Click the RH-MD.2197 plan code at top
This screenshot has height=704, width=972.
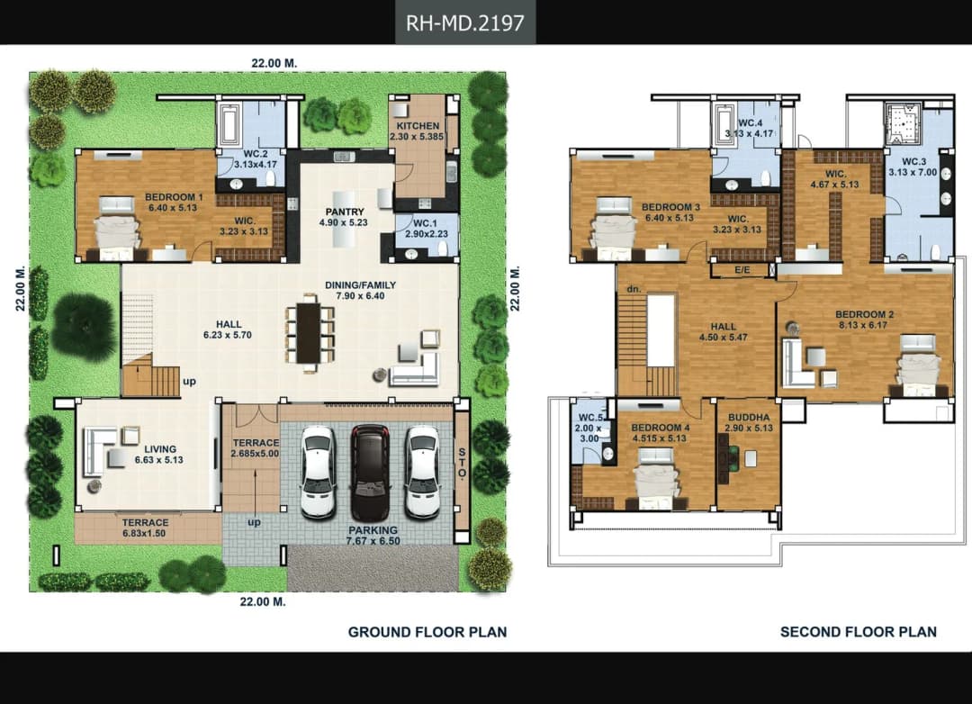tap(465, 23)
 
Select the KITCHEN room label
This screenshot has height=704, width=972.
tap(418, 126)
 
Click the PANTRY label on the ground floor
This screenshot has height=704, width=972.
tap(345, 212)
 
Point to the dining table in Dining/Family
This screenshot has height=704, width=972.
tap(309, 332)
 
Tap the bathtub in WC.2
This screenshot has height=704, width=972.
tap(229, 124)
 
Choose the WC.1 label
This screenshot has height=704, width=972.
tap(425, 223)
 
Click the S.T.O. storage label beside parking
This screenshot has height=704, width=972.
tap(462, 462)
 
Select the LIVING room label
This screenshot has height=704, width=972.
tap(160, 449)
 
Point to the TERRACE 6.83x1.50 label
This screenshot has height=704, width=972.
tap(145, 528)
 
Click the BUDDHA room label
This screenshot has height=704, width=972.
tap(749, 418)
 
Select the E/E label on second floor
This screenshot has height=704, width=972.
tap(742, 270)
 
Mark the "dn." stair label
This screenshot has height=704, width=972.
tap(634, 289)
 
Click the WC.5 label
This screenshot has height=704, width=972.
tap(590, 418)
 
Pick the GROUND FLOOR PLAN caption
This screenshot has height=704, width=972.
tap(427, 632)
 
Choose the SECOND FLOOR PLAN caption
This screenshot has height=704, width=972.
tap(859, 632)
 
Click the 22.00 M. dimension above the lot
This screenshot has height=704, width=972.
tap(274, 63)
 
